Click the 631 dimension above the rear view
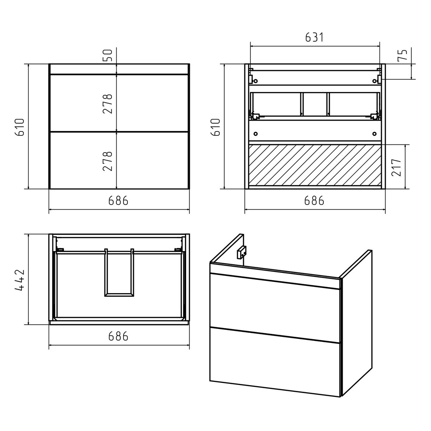click(x=315, y=37)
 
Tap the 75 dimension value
click(x=402, y=55)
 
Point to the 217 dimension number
click(x=397, y=167)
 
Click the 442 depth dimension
click(x=19, y=280)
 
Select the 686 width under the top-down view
click(x=118, y=336)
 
